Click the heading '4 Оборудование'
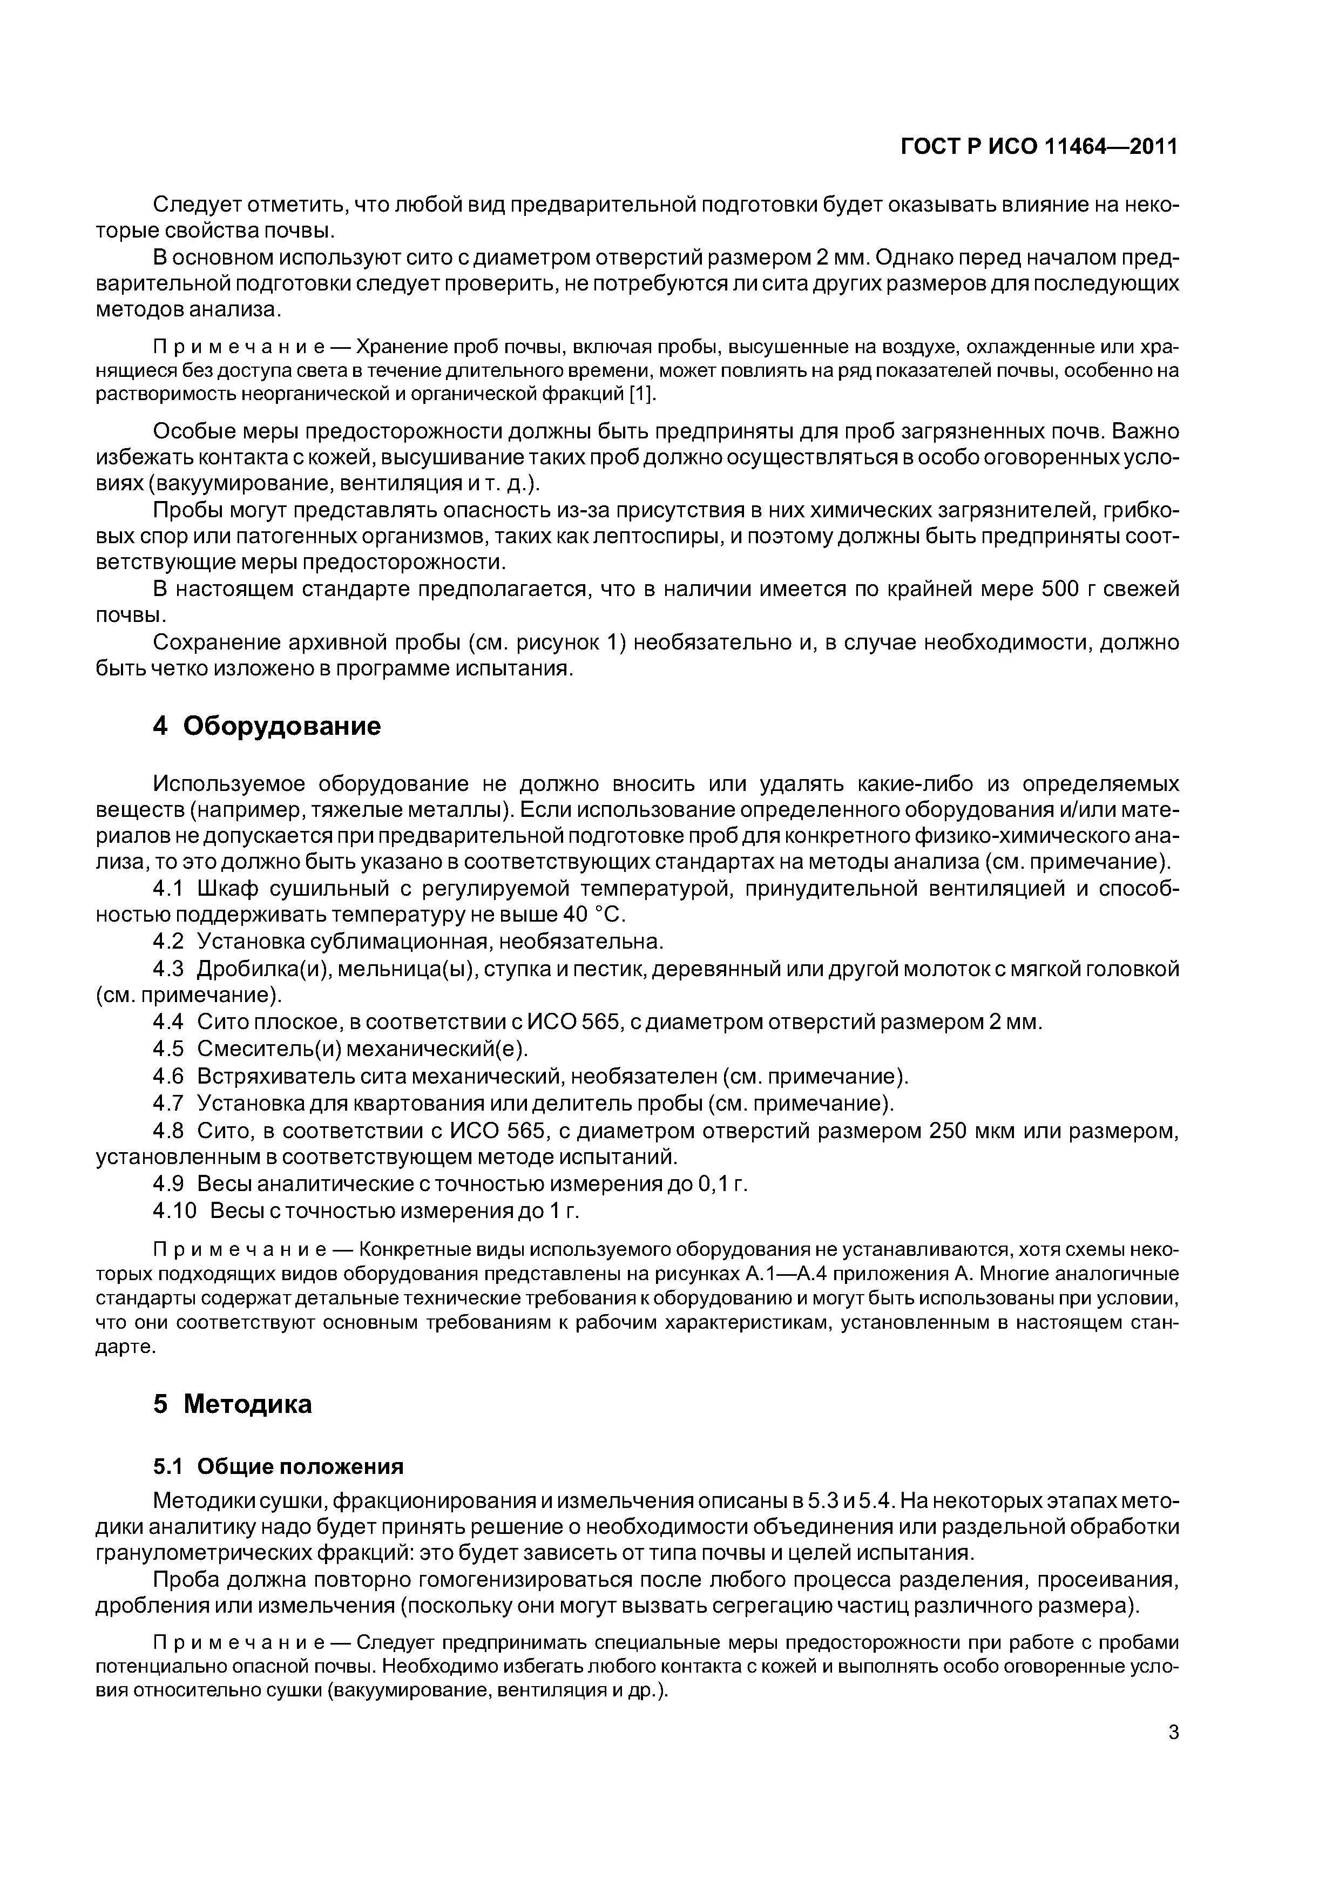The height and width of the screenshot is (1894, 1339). pyautogui.click(x=267, y=726)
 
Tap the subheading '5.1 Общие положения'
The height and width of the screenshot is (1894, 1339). pyautogui.click(x=278, y=1466)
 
